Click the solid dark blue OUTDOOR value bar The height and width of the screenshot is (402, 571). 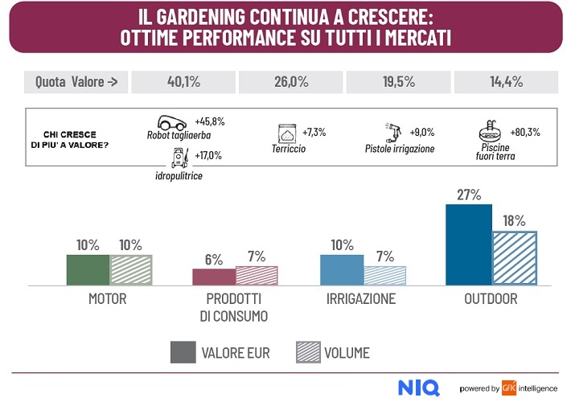tap(468, 244)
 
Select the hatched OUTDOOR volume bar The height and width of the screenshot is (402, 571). tap(515, 258)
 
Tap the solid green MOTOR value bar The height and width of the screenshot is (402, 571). tap(87, 269)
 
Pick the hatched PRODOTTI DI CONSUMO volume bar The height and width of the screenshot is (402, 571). tap(257, 276)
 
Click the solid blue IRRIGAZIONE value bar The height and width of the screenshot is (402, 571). tap(342, 269)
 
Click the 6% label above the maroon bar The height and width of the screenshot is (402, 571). tap(213, 259)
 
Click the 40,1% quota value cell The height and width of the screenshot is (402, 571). tap(183, 81)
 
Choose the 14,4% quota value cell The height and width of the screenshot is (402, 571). tap(507, 81)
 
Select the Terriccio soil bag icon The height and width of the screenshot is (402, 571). tap(286, 133)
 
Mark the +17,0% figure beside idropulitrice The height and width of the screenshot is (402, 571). tap(208, 155)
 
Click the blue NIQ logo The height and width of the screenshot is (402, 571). tap(418, 388)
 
